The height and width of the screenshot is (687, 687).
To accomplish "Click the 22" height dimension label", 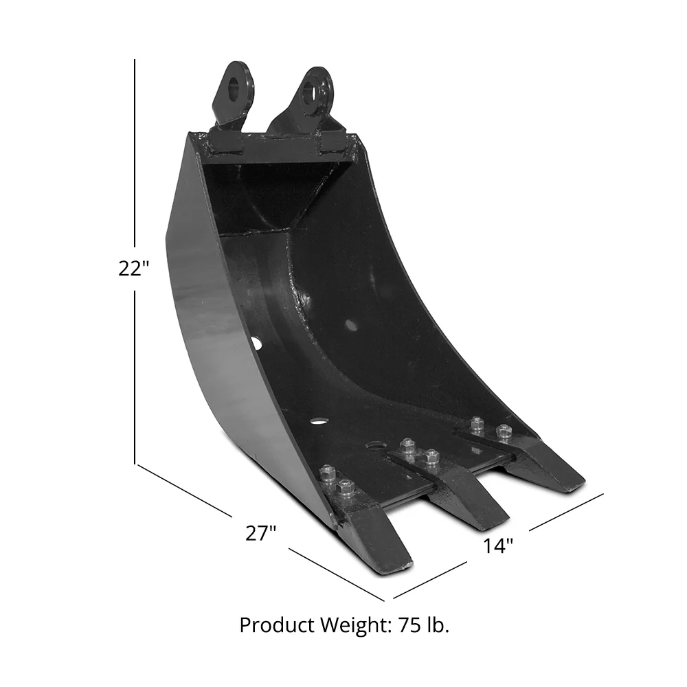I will coord(133,269).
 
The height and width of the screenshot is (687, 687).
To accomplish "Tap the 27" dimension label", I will coord(260,533).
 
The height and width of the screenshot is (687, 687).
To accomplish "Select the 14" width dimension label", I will coord(498,546).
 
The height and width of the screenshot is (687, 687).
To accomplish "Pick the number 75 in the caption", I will coord(410,625).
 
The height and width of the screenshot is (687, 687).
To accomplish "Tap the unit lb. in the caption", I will coord(438,625).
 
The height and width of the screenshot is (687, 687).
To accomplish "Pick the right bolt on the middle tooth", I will coord(431,456).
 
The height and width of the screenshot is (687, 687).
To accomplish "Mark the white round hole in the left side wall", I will coord(256,341).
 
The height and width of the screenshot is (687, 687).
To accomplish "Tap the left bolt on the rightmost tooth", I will coord(477,424).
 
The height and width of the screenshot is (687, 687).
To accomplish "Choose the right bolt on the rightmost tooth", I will coord(504,431).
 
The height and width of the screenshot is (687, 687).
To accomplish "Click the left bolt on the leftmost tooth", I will coord(328,473).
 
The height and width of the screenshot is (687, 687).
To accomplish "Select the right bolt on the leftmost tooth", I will coord(346,488).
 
